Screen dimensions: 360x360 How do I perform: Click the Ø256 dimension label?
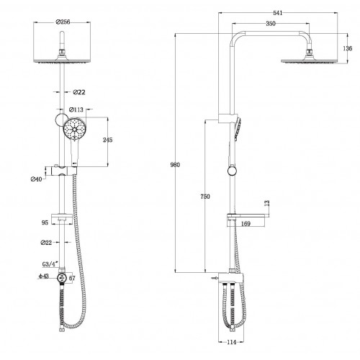(x=63, y=22)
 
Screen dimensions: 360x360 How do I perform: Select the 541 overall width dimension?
(x=278, y=13)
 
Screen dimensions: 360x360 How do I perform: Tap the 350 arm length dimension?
(x=271, y=24)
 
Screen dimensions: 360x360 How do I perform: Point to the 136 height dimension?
(x=348, y=48)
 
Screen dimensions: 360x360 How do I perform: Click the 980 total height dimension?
(x=175, y=165)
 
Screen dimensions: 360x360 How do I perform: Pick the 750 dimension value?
(x=205, y=197)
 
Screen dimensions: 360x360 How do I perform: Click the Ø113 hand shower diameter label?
(x=76, y=109)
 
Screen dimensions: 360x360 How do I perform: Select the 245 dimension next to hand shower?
(x=107, y=140)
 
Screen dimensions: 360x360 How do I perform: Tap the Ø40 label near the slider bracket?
(x=36, y=179)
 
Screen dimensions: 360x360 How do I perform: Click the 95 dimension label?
(x=45, y=222)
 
